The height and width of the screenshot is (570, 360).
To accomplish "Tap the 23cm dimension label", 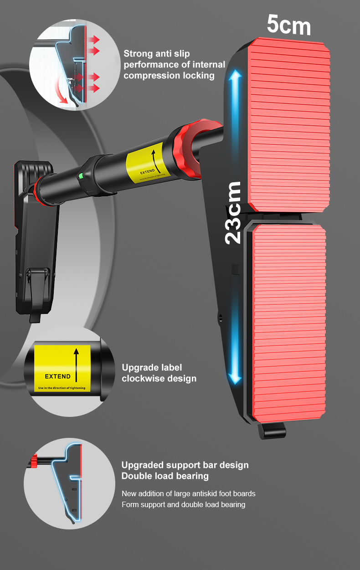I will click(x=233, y=212).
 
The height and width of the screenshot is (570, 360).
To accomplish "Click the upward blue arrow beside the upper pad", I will click(x=235, y=109).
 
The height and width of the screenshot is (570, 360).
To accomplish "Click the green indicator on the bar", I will click(x=80, y=176).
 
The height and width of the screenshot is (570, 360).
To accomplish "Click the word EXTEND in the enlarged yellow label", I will click(x=57, y=376).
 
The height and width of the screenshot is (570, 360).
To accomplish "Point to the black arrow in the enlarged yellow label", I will click(x=76, y=363).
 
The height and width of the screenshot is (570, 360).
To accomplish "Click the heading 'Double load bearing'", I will click(x=165, y=476).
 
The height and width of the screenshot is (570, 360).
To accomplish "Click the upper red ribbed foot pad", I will click(x=288, y=128).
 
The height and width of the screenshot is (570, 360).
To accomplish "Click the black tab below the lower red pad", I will click(x=272, y=431).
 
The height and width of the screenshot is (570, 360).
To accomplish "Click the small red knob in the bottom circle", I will click(x=34, y=462).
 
